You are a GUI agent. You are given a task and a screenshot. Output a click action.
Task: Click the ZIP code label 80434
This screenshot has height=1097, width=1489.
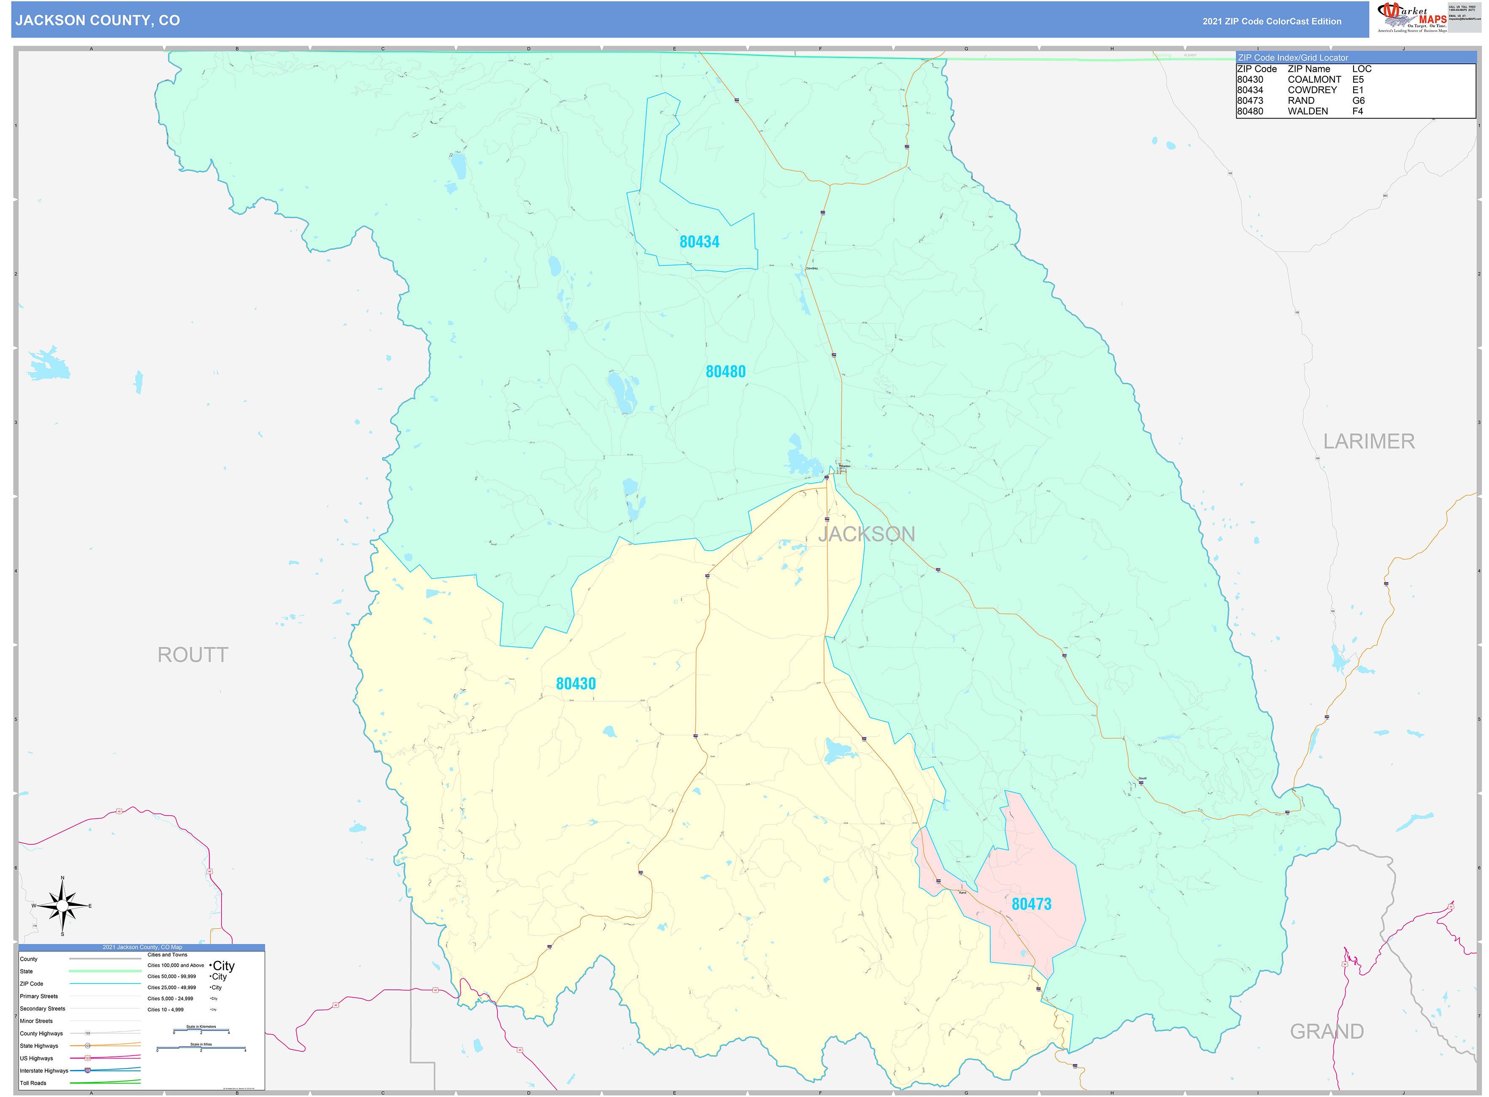[x=699, y=242]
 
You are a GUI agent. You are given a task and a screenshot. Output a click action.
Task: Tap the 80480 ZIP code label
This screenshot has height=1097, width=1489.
[x=725, y=371]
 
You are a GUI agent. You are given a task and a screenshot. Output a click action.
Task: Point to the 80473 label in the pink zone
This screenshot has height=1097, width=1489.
[x=1031, y=904]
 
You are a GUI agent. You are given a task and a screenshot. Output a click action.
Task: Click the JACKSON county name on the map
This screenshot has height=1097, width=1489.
[x=866, y=534]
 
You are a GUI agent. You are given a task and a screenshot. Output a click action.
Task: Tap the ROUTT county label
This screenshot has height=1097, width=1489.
[x=192, y=655]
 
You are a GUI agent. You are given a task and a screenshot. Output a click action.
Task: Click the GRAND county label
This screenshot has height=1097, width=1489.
[x=1326, y=1031]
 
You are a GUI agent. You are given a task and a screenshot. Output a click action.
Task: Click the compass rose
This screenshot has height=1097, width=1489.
[x=62, y=906]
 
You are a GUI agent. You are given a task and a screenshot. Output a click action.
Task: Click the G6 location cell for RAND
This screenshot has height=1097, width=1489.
[x=1358, y=101]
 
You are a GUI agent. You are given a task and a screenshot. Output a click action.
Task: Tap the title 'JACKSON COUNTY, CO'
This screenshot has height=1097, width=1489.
[x=97, y=21]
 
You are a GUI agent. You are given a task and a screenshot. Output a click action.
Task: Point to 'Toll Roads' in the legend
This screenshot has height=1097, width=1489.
[x=33, y=1083]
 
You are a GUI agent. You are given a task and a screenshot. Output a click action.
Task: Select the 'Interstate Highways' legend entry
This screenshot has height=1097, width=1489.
[x=44, y=1070]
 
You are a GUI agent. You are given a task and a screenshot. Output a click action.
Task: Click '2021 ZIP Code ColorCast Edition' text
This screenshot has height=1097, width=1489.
[x=1271, y=21]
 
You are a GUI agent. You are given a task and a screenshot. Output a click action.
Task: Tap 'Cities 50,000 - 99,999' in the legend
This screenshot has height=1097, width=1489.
[x=171, y=977]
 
